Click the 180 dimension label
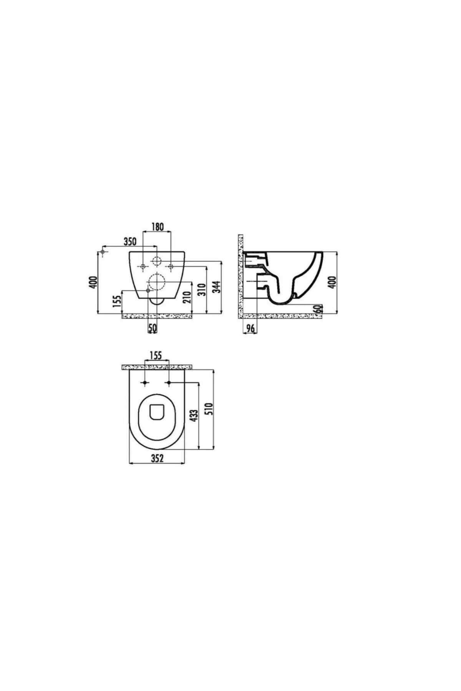[157, 227]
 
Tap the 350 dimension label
[130, 241]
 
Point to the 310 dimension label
[202, 289]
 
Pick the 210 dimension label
[187, 297]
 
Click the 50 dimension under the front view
[153, 328]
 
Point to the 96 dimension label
[250, 329]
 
